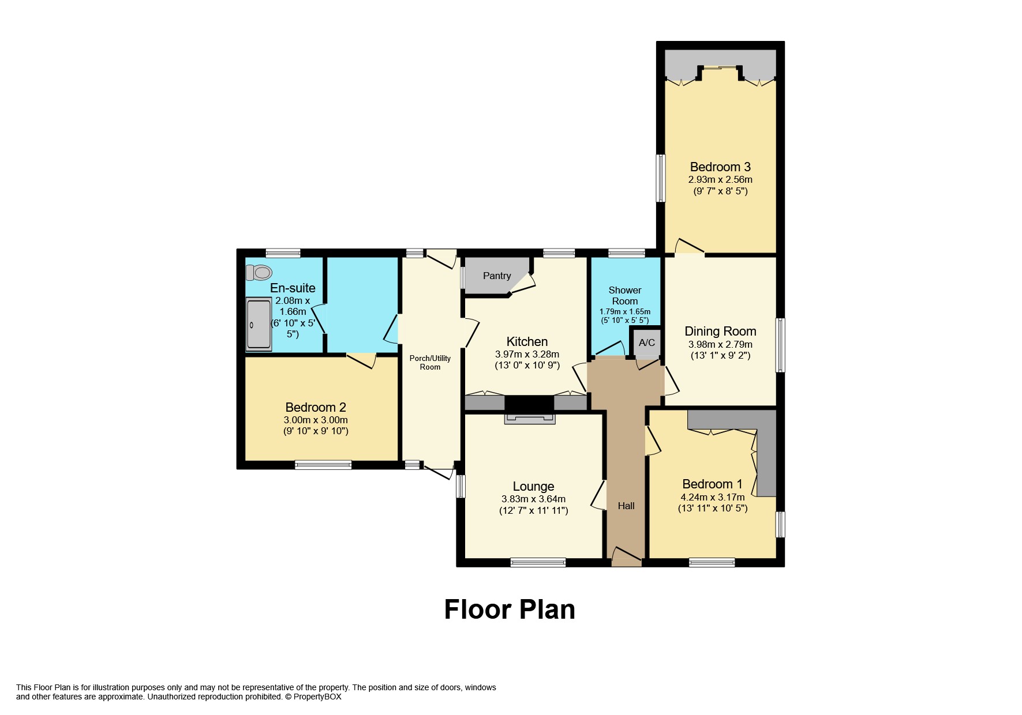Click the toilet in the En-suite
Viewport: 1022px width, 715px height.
259,272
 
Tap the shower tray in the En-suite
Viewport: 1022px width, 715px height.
259,324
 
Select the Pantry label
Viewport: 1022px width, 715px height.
496,276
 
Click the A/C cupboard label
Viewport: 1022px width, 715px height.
646,343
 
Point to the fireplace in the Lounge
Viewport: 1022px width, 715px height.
530,419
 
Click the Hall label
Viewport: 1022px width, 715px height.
626,506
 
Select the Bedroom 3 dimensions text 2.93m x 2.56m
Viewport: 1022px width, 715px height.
720,179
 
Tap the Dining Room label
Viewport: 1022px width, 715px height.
720,331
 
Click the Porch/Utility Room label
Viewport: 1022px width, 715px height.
430,362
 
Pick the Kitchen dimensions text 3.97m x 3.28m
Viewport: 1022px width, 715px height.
527,354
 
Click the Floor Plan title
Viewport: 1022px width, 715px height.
510,609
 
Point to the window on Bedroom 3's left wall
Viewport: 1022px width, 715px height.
661,178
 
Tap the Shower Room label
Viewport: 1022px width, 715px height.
624,295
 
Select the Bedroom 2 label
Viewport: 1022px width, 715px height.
316,407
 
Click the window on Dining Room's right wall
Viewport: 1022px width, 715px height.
780,345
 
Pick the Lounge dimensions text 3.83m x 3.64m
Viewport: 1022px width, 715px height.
533,499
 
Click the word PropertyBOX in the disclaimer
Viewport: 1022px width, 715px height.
317,697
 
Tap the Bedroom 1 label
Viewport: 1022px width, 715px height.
712,484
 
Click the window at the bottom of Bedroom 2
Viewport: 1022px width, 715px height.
323,465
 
